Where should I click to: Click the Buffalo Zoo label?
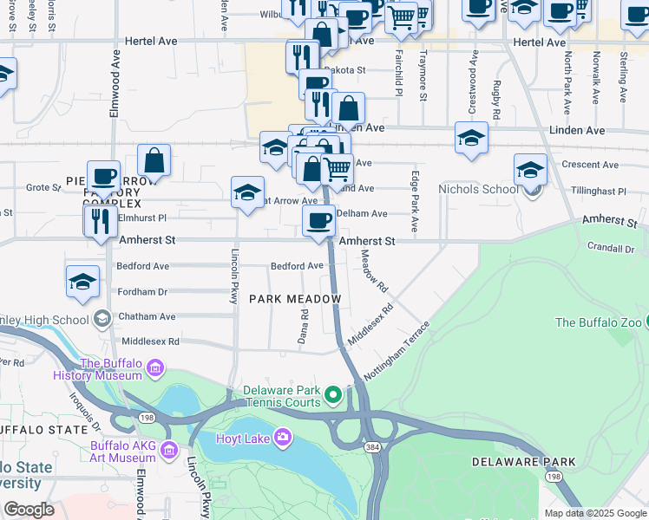599,322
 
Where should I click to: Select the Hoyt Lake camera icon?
282,438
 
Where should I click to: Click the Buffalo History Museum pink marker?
155,370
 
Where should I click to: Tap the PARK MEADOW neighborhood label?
295,298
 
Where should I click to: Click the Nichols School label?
479,189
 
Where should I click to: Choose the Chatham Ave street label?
147,317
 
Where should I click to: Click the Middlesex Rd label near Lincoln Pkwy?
150,341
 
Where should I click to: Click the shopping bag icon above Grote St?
154,160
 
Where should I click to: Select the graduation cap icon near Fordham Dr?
82,282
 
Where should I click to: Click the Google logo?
29,509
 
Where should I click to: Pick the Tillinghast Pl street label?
599,191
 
